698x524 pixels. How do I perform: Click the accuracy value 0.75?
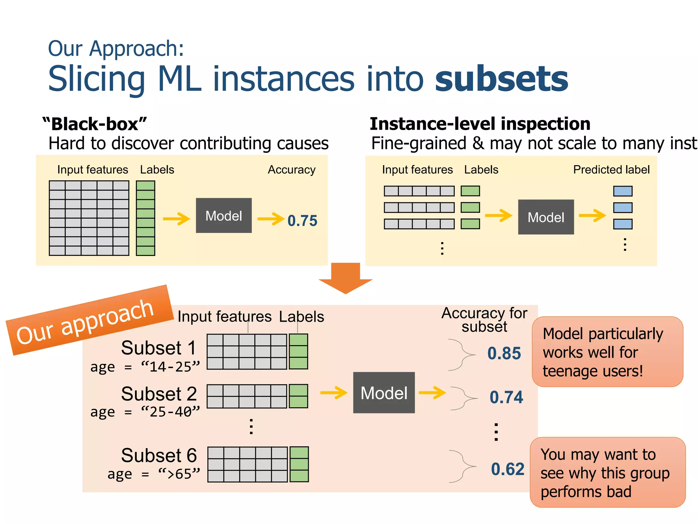pos(302,221)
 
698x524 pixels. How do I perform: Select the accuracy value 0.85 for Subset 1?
pos(504,353)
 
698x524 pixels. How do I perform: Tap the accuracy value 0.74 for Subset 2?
pos(506,397)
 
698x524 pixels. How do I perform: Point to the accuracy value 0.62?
pos(507,469)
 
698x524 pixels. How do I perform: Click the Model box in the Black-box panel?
pos(224,216)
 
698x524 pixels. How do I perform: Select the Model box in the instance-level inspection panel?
pos(546,217)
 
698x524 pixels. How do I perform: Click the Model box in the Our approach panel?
pos(384,393)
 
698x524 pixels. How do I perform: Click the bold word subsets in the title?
pos(501,79)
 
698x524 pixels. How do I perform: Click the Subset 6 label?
pos(159,455)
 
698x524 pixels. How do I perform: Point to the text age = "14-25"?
pos(145,367)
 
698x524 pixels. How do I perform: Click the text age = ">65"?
pos(154,474)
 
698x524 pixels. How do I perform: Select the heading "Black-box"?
pos(95,124)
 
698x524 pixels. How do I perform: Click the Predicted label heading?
pos(611,170)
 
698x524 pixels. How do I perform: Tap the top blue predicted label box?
pos(623,191)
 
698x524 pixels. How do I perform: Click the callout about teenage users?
pos(607,352)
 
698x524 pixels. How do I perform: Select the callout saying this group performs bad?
pos(607,472)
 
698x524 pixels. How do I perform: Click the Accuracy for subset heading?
pos(484,320)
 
